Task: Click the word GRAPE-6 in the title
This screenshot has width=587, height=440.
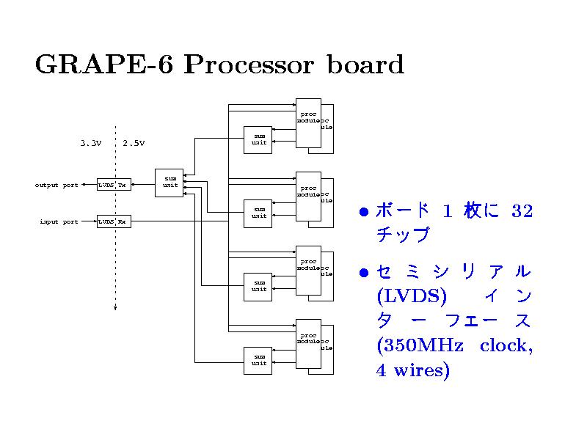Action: pyautogui.click(x=105, y=65)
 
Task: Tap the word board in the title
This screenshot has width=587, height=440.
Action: pyautogui.click(x=365, y=65)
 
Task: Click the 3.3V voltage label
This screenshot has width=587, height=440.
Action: pyautogui.click(x=90, y=143)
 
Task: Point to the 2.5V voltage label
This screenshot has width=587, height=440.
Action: pyautogui.click(x=134, y=143)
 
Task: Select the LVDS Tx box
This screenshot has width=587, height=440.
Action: pyautogui.click(x=114, y=185)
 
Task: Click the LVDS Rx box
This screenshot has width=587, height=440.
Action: pyautogui.click(x=114, y=221)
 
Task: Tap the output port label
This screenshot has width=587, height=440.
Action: pyautogui.click(x=56, y=186)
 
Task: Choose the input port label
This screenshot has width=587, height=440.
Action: pyautogui.click(x=59, y=222)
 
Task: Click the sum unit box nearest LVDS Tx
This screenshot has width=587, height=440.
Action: pyautogui.click(x=169, y=182)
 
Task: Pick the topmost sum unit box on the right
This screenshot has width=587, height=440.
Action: pyautogui.click(x=259, y=139)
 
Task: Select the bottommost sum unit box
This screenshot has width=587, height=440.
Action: pyautogui.click(x=259, y=360)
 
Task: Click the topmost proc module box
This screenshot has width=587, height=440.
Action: pyautogui.click(x=308, y=122)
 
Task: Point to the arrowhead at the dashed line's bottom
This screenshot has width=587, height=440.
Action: pyautogui.click(x=115, y=308)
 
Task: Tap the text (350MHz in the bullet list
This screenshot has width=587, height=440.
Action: pyautogui.click(x=418, y=345)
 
